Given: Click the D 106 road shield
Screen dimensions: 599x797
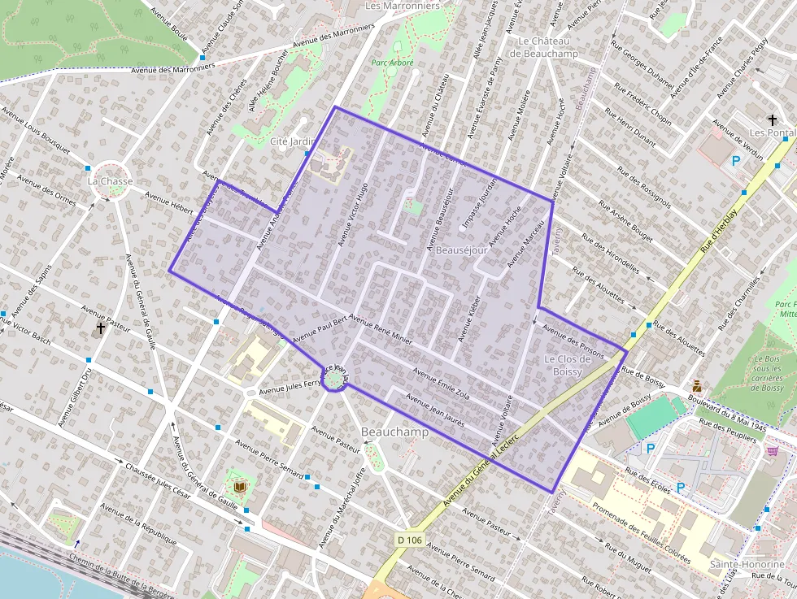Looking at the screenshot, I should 411,540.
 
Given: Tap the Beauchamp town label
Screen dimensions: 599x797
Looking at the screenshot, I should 394,432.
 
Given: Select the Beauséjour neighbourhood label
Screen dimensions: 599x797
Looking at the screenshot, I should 461,250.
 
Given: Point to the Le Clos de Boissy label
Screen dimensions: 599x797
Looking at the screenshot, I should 563,365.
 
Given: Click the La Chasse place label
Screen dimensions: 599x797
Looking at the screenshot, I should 110,181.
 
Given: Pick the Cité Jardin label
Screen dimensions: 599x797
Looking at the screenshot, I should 291,141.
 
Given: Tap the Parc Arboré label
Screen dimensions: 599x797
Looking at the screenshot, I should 393,63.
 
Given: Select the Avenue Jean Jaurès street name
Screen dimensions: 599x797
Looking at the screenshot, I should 435,412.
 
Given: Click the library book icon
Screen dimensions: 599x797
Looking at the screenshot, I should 239,487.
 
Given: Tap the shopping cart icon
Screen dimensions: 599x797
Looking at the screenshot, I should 772,451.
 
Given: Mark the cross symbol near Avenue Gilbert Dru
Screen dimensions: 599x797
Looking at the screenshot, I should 100,328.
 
